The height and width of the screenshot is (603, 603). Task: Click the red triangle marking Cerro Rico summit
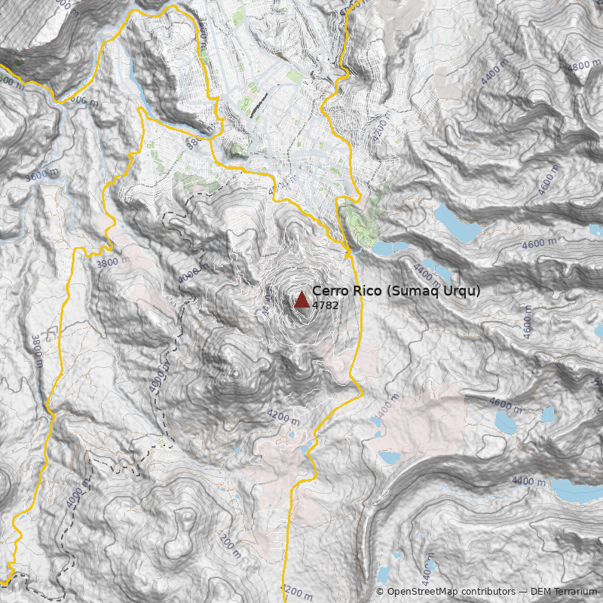[x=302, y=300]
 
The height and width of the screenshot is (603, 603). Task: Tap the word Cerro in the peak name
[x=329, y=291]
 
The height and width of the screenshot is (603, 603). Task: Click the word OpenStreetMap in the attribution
[x=422, y=592]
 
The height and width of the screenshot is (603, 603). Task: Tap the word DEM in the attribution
[x=541, y=592]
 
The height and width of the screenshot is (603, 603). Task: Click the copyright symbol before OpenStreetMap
[x=380, y=592]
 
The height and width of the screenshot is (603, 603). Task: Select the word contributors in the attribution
[x=488, y=592]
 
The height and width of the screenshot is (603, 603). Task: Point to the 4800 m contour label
[x=584, y=66]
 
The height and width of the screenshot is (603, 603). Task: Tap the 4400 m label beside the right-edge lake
[x=528, y=481]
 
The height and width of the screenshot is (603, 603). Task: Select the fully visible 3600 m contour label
[x=41, y=175]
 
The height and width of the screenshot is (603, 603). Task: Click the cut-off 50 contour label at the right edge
[x=598, y=382]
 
